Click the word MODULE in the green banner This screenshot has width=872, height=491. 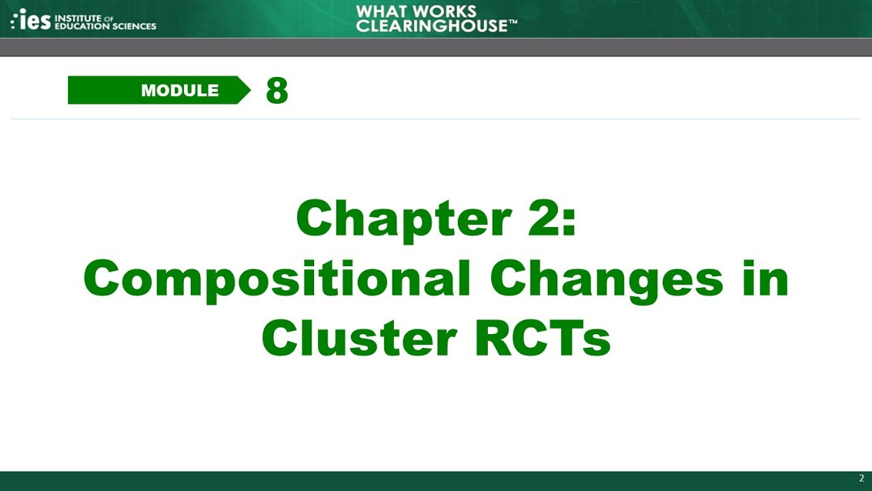pos(180,91)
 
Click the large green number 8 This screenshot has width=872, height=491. pos(277,90)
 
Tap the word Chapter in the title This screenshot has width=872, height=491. pos(403,220)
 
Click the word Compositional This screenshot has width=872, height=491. pos(277,280)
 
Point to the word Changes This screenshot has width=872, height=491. pos(606,280)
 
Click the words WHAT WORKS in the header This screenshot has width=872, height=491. pos(416,12)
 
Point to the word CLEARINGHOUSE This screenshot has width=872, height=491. pos(431,26)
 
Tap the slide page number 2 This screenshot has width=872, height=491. pos(861,478)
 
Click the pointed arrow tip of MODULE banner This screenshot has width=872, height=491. pos(245,90)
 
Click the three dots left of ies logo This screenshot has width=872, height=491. pos(14,21)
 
